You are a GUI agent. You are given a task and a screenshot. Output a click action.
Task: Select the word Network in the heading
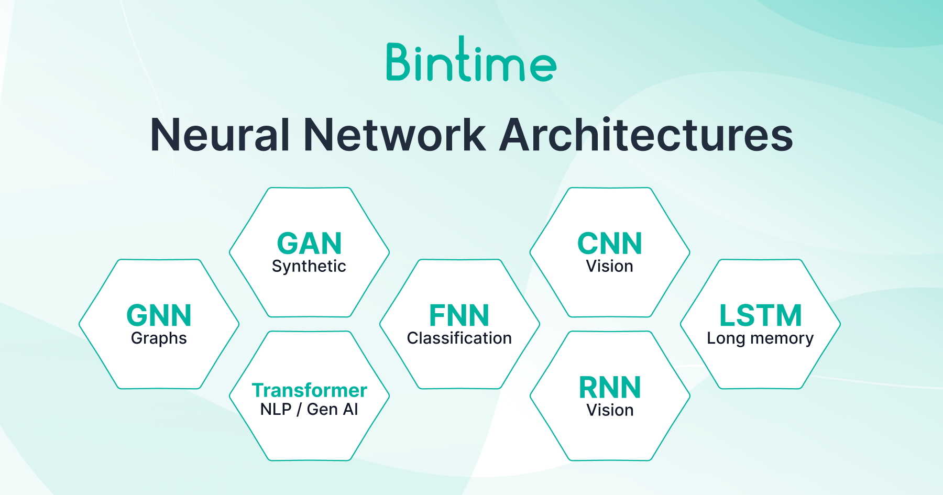point(394,135)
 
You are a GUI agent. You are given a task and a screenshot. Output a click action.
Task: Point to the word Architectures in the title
point(646,135)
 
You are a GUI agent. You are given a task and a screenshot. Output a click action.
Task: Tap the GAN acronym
point(310,244)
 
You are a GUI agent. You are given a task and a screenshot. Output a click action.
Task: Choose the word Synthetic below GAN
point(309,267)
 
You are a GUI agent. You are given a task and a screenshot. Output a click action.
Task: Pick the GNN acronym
point(159,315)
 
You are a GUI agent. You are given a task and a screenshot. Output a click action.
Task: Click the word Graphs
point(159,338)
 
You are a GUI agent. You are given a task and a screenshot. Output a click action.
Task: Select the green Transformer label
point(310,390)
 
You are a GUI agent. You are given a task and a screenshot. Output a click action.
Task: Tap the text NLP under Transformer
point(276,410)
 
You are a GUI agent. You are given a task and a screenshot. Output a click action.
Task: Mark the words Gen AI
point(333,410)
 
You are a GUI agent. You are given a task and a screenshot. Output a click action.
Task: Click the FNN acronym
point(459,315)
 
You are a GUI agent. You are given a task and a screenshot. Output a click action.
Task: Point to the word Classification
point(459,338)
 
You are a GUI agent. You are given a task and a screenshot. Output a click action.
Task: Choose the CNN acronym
point(610,244)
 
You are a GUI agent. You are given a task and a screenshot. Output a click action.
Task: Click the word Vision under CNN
point(610,267)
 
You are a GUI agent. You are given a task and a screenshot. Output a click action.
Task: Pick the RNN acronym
point(610,388)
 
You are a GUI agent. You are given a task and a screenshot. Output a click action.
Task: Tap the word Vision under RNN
point(610,410)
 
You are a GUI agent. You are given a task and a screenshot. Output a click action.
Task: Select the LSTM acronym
point(761,315)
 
